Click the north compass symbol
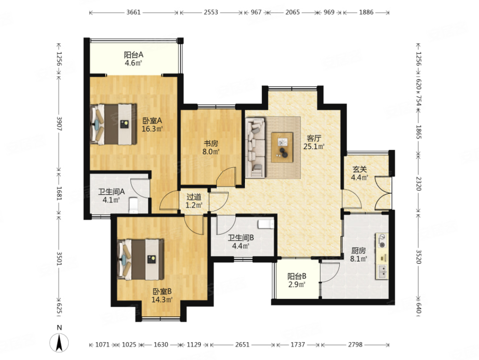tap(59, 342)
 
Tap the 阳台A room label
tap(133, 55)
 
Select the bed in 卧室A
tap(113, 124)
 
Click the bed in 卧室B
tap(141, 259)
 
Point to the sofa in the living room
tap(255, 148)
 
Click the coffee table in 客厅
tap(282, 147)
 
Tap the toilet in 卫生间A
tap(134, 205)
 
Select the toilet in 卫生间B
tap(266, 224)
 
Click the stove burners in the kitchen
tap(382, 241)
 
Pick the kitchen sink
tap(382, 272)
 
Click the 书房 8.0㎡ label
tap(211, 148)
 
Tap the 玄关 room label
tap(360, 169)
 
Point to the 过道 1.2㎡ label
tap(194, 201)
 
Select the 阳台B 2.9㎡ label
tap(297, 280)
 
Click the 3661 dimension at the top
tap(133, 12)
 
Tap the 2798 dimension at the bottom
tap(355, 345)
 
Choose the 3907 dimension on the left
tap(59, 124)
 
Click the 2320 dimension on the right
tap(419, 184)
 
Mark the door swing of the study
tap(226, 176)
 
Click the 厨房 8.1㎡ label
tap(359, 255)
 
